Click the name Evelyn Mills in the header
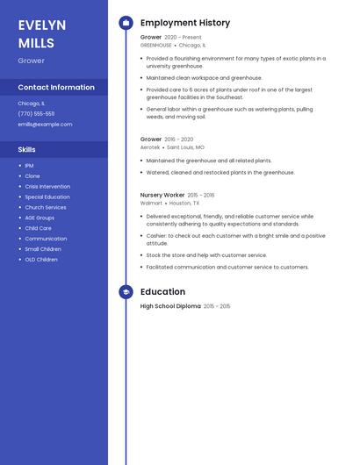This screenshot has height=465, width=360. (x=36, y=33)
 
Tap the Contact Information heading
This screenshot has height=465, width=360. (x=56, y=88)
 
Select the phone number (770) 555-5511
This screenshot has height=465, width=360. (x=36, y=113)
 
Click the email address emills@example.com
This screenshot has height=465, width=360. (x=45, y=125)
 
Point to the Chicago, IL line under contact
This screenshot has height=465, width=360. (x=32, y=103)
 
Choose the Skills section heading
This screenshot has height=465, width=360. (x=27, y=150)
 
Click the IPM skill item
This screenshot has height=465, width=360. (x=29, y=166)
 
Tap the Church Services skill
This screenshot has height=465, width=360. (x=46, y=208)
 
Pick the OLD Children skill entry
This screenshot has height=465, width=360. (x=41, y=260)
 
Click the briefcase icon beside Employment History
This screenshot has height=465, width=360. (x=126, y=22)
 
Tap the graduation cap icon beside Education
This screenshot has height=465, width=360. (x=126, y=292)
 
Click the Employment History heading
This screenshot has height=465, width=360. (x=185, y=22)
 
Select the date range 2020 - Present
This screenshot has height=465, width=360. (x=183, y=38)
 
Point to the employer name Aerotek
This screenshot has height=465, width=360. (x=150, y=147)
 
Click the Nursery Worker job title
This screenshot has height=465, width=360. (x=162, y=195)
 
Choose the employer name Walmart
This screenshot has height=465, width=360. (x=151, y=203)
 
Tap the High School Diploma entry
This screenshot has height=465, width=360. (x=170, y=306)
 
